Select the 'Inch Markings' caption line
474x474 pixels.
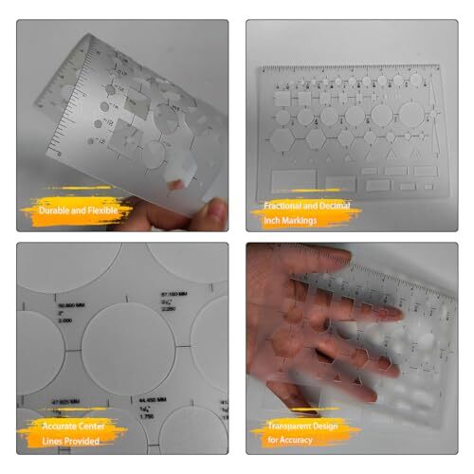pos(290,220)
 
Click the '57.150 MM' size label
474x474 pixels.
pos(176,293)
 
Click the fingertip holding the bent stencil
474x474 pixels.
pos(215,210)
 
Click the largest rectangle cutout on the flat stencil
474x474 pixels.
pos(293,179)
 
